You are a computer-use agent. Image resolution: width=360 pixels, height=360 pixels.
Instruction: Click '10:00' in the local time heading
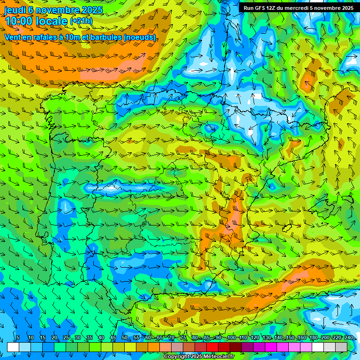point(18,21)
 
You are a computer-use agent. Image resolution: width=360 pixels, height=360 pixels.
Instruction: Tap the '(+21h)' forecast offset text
point(81,21)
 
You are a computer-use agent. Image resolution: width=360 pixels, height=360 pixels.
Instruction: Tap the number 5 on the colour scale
point(18,338)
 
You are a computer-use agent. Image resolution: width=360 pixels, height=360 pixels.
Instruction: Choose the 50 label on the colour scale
point(125,338)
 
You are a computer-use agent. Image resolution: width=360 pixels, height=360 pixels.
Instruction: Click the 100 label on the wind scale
point(231,338)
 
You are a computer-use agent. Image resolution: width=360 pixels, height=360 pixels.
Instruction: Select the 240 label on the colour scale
point(348,338)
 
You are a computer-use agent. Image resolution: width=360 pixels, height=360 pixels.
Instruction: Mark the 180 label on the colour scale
point(313,338)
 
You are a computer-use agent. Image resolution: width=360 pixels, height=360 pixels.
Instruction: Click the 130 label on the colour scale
point(266,338)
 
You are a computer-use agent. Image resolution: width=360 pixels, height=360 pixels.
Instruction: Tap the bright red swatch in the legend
point(212,347)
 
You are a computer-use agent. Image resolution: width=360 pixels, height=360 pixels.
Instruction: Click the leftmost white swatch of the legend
point(13,347)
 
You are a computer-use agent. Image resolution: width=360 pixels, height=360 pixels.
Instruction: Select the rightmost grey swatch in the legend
point(341,347)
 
